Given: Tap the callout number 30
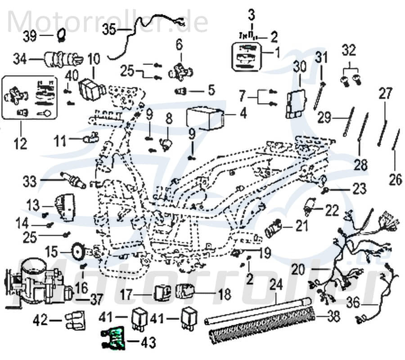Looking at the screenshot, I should coord(299,67).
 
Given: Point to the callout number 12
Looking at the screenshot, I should coord(21,144).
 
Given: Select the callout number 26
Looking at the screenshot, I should coord(395,180).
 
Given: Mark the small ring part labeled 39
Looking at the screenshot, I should coord(62,34).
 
